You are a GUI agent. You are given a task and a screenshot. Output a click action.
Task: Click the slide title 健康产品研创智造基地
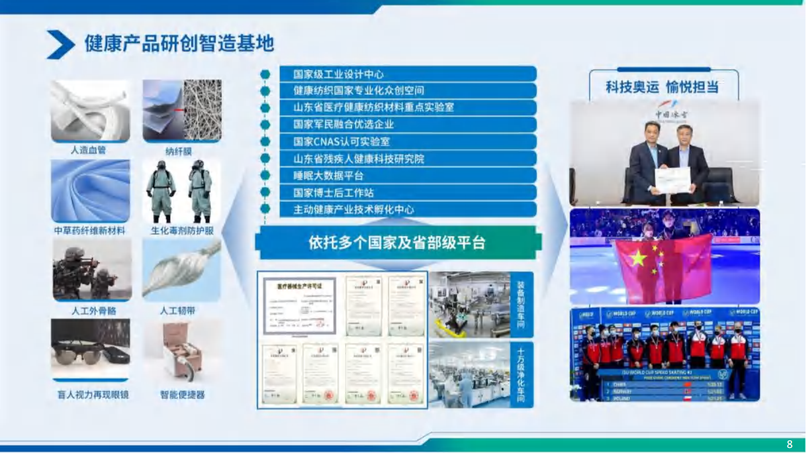(179, 43)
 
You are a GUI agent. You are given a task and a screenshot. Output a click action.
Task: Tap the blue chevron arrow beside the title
(60, 44)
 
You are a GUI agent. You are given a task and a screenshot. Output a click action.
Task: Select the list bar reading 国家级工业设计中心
(407, 74)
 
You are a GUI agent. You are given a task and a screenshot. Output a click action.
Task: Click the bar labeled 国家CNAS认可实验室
(407, 142)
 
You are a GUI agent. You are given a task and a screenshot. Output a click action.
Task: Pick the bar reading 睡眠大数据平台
(407, 176)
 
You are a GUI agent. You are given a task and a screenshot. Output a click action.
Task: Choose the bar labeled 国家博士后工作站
(407, 193)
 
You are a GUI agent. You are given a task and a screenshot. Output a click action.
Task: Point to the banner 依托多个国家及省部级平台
(397, 243)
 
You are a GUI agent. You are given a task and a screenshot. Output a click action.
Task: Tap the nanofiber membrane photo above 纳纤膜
(182, 110)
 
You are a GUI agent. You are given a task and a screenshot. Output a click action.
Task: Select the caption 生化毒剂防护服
(182, 231)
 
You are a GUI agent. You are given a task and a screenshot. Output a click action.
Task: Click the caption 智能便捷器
(182, 395)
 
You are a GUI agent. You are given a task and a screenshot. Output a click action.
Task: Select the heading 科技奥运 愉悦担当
(662, 87)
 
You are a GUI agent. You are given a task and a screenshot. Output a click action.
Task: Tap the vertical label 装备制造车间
(521, 305)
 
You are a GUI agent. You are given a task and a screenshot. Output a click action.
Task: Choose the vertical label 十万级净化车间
(521, 375)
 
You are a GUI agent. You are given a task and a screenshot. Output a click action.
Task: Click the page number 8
(789, 444)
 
